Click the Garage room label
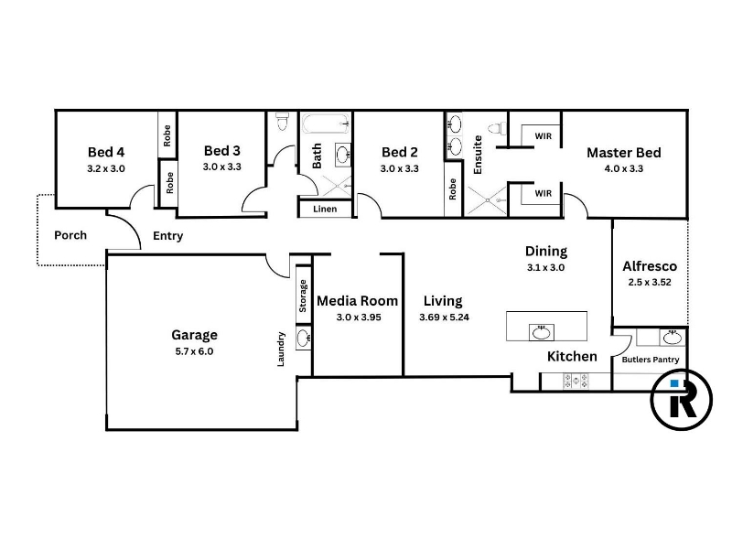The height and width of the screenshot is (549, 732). pos(194,335)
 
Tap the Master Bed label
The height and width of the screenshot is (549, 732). pos(624,153)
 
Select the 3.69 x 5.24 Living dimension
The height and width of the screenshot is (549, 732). pos(444,318)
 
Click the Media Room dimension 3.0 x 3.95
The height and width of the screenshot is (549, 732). pos(359,318)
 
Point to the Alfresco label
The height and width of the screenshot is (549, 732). pos(650,266)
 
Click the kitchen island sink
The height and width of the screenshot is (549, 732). pos(542,332)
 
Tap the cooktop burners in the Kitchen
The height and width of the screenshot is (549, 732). pos(576,381)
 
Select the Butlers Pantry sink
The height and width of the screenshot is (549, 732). pos(673,337)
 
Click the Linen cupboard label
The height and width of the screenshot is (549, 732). pos(325,209)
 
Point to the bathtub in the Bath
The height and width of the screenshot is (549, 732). pos(327,124)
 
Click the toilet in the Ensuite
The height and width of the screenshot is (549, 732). pos(497,128)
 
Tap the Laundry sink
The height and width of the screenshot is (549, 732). pos(304,338)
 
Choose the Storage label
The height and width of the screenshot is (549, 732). pos(303,296)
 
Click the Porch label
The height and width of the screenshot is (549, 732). pos(70,235)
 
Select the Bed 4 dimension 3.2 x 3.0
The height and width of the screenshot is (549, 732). pos(106,168)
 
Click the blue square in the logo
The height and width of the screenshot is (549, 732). pos(674,383)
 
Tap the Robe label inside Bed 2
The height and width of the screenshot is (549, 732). pos(452,189)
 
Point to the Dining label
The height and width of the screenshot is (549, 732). pos(546,252)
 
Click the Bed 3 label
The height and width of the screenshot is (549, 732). pos(222,151)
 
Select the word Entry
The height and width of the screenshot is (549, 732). pos(168,236)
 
